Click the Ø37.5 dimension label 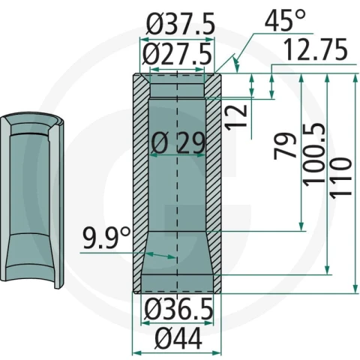pos(181,24)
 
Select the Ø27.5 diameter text pos(177,54)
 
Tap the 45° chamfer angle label pos(285,20)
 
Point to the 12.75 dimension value pos(316,49)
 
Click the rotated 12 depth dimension pos(236,117)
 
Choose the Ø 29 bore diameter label pos(178,143)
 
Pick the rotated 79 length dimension pos(285,146)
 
